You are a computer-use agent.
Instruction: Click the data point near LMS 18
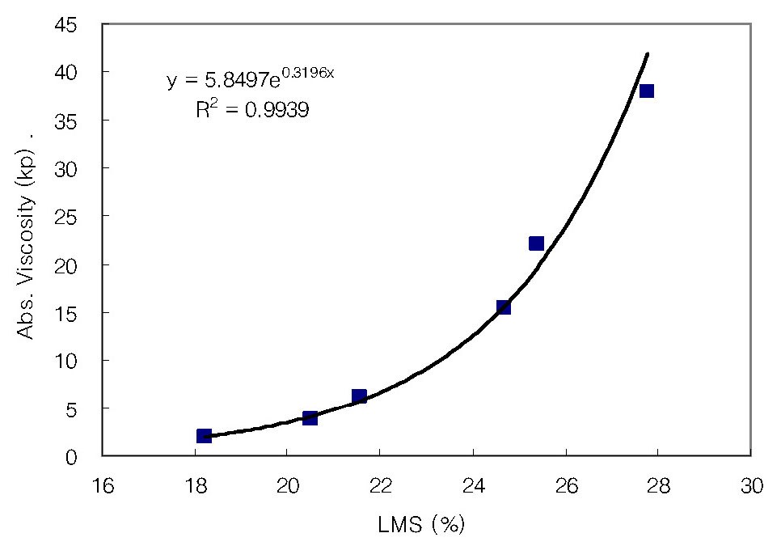[204, 436]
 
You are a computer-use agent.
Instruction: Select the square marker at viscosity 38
[646, 91]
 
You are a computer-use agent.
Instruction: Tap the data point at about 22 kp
[536, 243]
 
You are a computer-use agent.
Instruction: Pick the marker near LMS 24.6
[503, 307]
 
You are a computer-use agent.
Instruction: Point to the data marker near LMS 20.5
[310, 417]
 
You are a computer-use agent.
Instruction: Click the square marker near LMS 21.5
[359, 396]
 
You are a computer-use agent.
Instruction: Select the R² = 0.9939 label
[251, 110]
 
